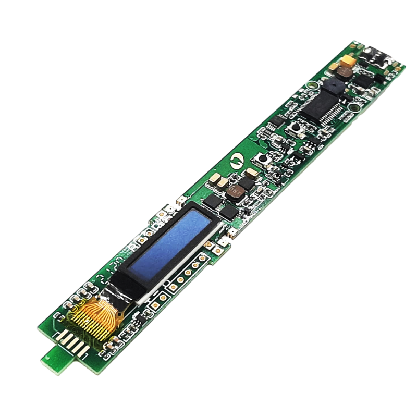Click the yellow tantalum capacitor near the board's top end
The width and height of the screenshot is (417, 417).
tap(347, 64)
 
